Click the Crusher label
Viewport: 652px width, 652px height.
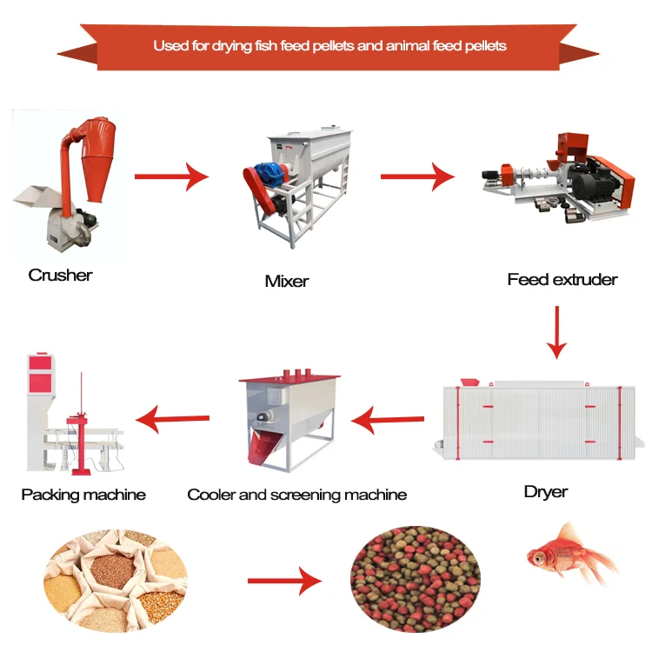coord(60,275)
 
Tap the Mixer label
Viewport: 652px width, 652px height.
coord(286,281)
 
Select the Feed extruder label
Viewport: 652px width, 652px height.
coord(562,279)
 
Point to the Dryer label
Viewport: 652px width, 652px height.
coord(545,491)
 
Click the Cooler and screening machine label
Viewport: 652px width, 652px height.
coord(296,494)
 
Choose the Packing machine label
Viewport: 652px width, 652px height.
coord(83,494)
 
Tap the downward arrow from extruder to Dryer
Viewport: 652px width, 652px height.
coord(556,334)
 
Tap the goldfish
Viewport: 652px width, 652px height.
coord(569,554)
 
